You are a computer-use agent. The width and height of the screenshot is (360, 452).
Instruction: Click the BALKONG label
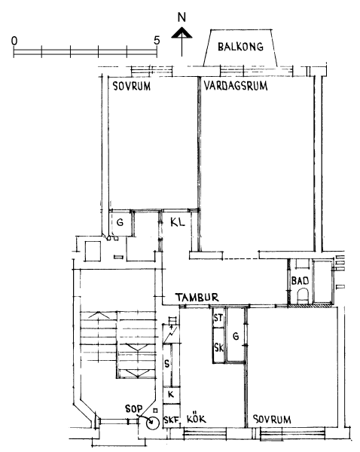(x=240, y=47)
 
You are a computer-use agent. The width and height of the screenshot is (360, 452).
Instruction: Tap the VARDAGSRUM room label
(x=236, y=86)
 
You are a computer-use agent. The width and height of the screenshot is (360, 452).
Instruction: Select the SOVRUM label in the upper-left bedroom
(x=132, y=86)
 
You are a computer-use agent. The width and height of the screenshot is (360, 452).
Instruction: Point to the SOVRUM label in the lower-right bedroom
(x=272, y=419)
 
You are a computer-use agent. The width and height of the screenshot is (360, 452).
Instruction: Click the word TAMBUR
(x=197, y=298)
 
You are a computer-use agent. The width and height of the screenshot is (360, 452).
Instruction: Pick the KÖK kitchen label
(x=197, y=418)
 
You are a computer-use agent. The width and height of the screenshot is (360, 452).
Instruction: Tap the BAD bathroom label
(x=300, y=280)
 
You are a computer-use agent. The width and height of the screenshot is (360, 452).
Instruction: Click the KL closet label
(x=178, y=222)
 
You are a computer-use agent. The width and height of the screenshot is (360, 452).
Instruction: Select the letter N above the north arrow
(x=182, y=18)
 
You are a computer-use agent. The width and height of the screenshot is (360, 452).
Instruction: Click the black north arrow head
(x=182, y=32)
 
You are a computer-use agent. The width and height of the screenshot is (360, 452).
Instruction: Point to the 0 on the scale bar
(x=14, y=41)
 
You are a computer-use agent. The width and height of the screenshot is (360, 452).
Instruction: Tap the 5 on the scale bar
(x=157, y=41)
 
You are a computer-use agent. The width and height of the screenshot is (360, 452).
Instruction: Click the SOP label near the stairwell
(x=134, y=408)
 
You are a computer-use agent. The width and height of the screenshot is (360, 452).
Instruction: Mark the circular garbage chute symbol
(x=153, y=423)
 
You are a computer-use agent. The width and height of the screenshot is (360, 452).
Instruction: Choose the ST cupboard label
(x=218, y=318)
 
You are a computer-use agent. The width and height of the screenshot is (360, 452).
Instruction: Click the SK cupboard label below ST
(x=218, y=347)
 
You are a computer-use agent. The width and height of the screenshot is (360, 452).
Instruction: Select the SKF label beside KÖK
(x=171, y=420)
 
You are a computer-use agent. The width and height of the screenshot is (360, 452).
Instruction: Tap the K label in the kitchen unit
(x=171, y=395)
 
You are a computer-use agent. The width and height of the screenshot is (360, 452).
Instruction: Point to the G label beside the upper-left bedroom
(x=120, y=222)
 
